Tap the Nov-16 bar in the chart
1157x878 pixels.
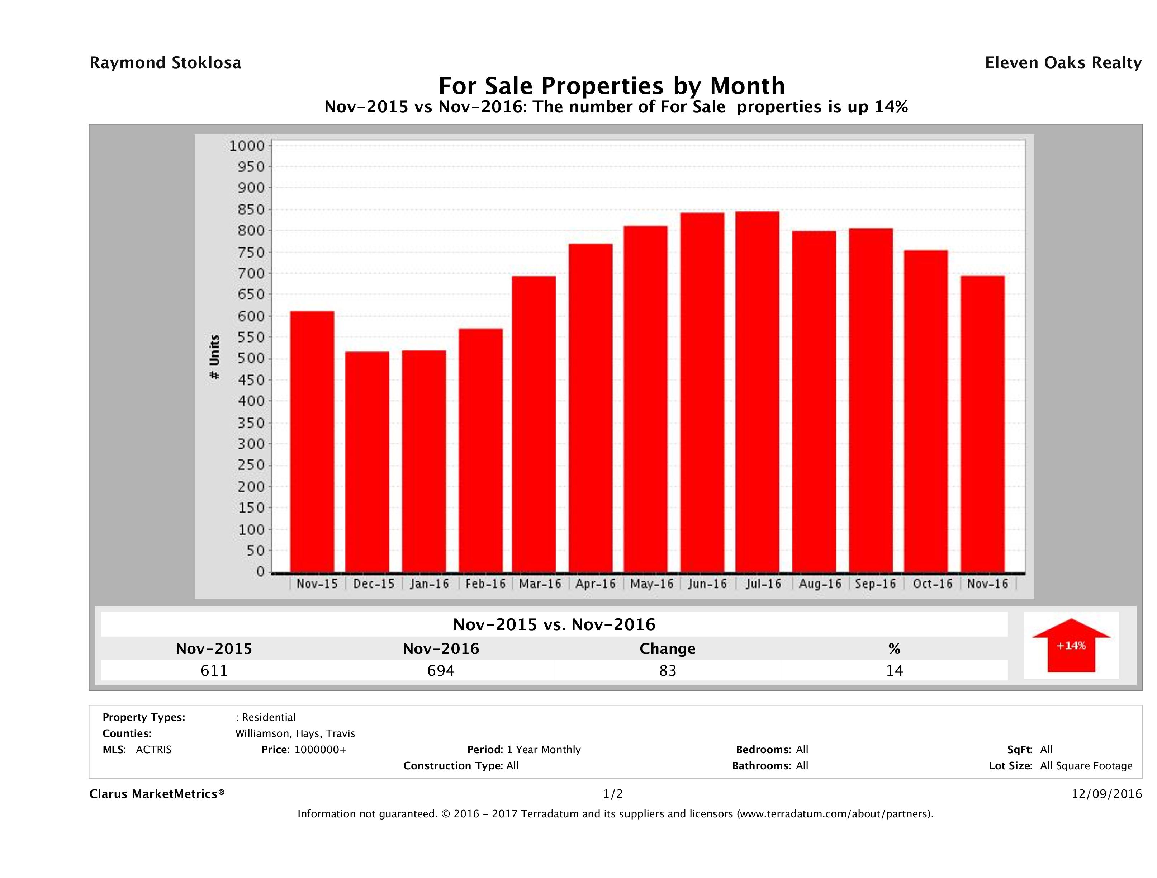pyautogui.click(x=982, y=424)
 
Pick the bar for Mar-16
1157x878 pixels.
pyautogui.click(x=534, y=424)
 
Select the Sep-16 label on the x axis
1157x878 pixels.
pyautogui.click(x=875, y=584)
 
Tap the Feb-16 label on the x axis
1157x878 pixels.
pyautogui.click(x=485, y=584)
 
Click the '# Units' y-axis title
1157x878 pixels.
pyautogui.click(x=214, y=357)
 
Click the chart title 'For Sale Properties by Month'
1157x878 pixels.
pyautogui.click(x=611, y=85)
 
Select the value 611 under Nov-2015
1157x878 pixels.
pyautogui.click(x=214, y=670)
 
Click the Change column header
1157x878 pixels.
pyautogui.click(x=668, y=649)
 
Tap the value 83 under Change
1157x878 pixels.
pyautogui.click(x=668, y=670)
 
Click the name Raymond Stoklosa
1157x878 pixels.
pyautogui.click(x=165, y=63)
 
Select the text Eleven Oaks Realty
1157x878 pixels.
pyautogui.click(x=1063, y=63)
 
